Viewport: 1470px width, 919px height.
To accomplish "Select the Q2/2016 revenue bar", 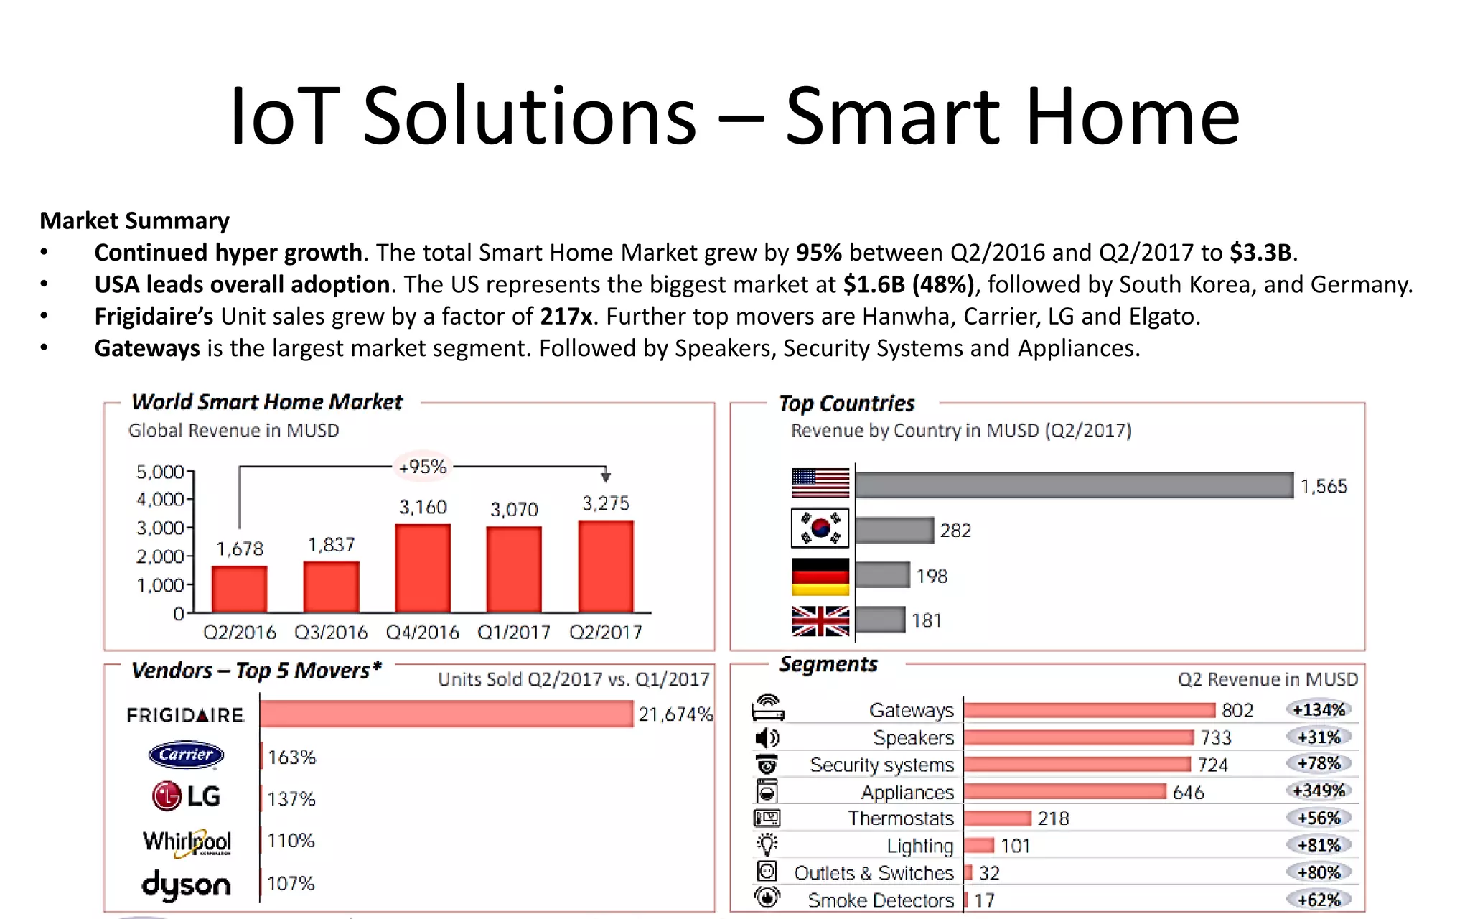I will coord(239,589).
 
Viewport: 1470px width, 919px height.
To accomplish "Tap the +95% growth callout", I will coord(423,467).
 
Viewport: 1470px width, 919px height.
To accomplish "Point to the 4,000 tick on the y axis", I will coord(161,499).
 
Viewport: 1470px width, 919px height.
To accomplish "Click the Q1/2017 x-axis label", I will coord(514,632).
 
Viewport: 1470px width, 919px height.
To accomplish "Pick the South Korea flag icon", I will coord(820,528).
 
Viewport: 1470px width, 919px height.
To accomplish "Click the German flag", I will coord(820,577).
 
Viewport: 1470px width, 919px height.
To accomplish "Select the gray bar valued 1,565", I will coord(1074,485).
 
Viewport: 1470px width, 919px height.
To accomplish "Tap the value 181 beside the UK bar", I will coord(926,620).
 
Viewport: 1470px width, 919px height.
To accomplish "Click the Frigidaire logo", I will coord(185,715).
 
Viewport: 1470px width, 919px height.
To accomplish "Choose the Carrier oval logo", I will coord(186,755).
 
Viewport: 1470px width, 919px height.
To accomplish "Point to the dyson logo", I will coord(186,885).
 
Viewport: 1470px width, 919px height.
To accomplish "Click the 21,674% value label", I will coord(675,714).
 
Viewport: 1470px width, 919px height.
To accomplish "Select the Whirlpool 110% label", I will coord(291,841).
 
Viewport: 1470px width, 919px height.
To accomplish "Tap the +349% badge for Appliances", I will coord(1319,790).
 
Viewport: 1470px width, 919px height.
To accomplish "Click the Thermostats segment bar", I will coord(997,818).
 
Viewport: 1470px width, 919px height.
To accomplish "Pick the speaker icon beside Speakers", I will coord(767,737).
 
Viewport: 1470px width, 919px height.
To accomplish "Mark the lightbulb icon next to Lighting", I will coord(767,844).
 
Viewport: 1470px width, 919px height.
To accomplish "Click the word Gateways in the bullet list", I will coord(147,348).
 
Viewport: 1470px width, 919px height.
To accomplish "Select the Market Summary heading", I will coord(135,220).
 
